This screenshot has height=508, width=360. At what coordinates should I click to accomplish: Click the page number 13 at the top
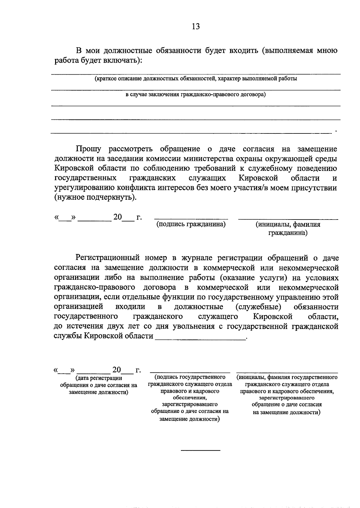click(196, 26)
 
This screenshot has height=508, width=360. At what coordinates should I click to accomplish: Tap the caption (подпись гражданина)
click(191, 224)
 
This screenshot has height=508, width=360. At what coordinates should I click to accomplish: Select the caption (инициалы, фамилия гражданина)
click(288, 229)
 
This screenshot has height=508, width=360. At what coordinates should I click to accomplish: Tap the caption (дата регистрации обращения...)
click(98, 385)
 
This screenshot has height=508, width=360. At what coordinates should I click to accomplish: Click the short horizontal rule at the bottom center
click(200, 450)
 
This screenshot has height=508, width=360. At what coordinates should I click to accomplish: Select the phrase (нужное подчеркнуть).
click(95, 198)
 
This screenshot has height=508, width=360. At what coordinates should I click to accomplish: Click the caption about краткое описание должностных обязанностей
click(196, 79)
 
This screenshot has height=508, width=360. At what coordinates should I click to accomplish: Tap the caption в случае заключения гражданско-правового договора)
click(196, 95)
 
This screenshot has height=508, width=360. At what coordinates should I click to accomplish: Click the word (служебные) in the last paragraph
click(258, 307)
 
